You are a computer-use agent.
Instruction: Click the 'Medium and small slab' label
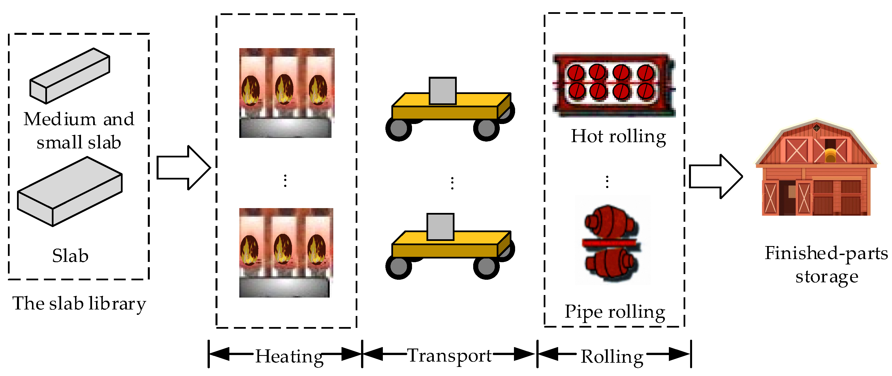click(x=79, y=131)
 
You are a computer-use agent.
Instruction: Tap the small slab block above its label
click(x=70, y=76)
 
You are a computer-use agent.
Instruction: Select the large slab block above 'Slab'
click(x=70, y=191)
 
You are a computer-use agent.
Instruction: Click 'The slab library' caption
click(x=79, y=304)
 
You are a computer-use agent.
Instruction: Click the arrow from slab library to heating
click(x=183, y=168)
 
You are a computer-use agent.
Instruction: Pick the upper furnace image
click(x=286, y=93)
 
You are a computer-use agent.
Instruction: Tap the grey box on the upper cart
click(x=442, y=91)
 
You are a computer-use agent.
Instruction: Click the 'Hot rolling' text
click(x=618, y=136)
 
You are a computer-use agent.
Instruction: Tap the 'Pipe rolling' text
click(x=615, y=312)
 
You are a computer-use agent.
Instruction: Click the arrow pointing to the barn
click(x=715, y=177)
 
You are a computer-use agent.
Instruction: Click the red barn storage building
click(x=816, y=170)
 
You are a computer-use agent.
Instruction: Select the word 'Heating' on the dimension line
click(x=289, y=356)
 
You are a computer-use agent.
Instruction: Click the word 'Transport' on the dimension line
click(x=449, y=356)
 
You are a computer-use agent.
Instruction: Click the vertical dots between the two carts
click(x=452, y=183)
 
